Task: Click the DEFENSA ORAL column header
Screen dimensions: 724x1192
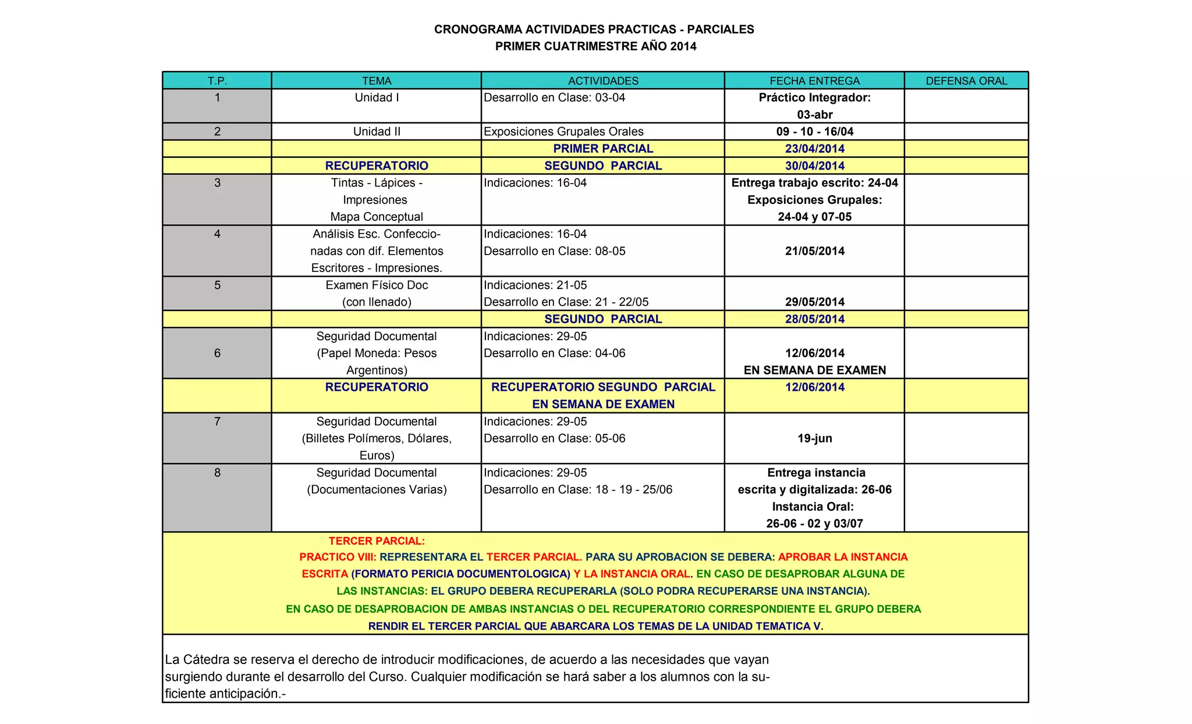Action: (966, 81)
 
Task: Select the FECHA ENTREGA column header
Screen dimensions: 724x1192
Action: (814, 81)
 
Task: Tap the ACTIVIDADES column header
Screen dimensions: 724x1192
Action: (603, 81)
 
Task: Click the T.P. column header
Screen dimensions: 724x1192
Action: (217, 81)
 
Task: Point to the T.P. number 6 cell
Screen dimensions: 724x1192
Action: (217, 353)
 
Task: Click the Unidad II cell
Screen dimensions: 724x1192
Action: (377, 132)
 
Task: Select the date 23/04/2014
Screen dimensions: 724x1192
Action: (814, 149)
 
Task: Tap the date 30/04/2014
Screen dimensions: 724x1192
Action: (814, 166)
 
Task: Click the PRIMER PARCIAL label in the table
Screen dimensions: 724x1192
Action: (603, 149)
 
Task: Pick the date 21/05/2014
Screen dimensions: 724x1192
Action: (814, 251)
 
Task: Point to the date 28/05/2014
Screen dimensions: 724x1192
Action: (814, 319)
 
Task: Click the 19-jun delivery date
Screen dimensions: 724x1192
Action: (814, 439)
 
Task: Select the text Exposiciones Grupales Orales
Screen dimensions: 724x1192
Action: (563, 132)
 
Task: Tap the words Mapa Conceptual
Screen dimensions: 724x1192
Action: (377, 217)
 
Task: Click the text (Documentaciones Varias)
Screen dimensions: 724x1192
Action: (377, 489)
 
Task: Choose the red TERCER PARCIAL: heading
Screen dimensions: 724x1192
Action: (377, 541)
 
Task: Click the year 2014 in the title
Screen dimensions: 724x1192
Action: (683, 47)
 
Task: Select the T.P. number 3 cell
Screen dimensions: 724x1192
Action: (217, 183)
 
